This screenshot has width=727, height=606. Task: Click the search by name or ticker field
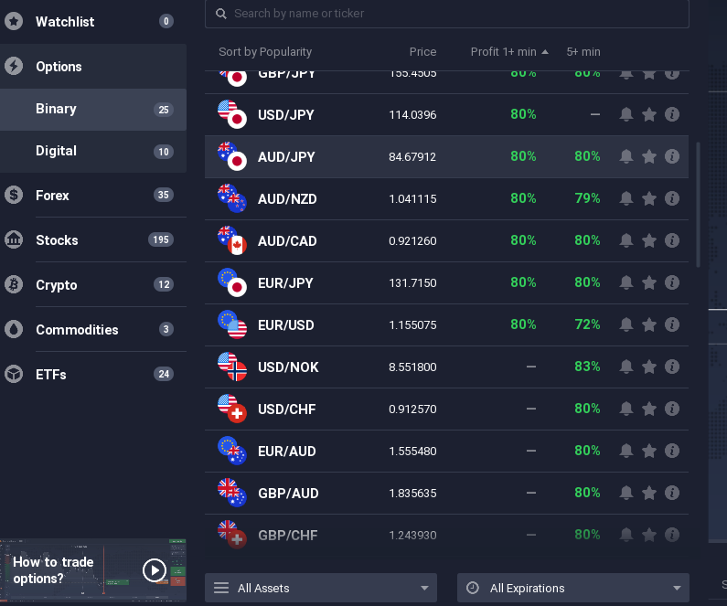click(448, 14)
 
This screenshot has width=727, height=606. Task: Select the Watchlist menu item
click(65, 21)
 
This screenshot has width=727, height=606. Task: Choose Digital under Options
click(56, 151)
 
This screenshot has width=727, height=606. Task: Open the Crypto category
click(57, 285)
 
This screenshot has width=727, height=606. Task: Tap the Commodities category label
click(77, 330)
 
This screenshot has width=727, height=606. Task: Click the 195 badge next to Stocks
click(161, 240)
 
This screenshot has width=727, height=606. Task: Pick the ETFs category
click(51, 375)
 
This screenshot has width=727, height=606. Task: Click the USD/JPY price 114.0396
click(412, 115)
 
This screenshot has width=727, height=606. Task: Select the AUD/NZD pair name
click(287, 199)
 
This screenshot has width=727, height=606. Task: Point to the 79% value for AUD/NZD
click(587, 198)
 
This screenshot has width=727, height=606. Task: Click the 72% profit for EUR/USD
click(587, 324)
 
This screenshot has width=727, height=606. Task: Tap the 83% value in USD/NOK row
click(587, 367)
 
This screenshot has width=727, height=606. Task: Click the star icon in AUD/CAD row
click(649, 241)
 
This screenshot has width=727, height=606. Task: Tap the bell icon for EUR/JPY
click(626, 283)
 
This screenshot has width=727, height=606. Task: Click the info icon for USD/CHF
click(672, 409)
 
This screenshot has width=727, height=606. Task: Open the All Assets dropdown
click(321, 588)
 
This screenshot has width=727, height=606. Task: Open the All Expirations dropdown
click(573, 588)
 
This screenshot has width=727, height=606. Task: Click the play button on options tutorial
click(155, 570)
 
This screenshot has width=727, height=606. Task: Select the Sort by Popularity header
click(265, 52)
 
